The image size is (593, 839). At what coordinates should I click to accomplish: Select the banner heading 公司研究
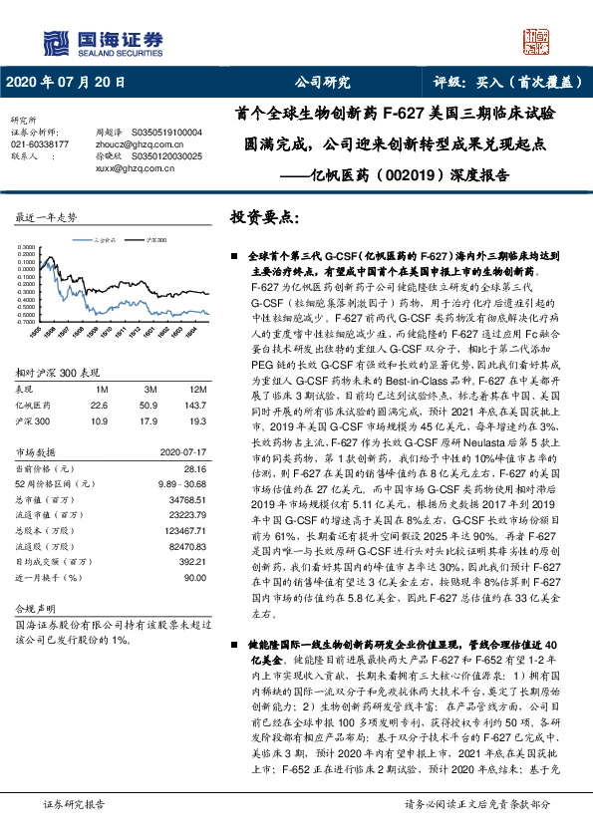[x=322, y=84]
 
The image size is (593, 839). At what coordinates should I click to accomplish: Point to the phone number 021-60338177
[x=40, y=143]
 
